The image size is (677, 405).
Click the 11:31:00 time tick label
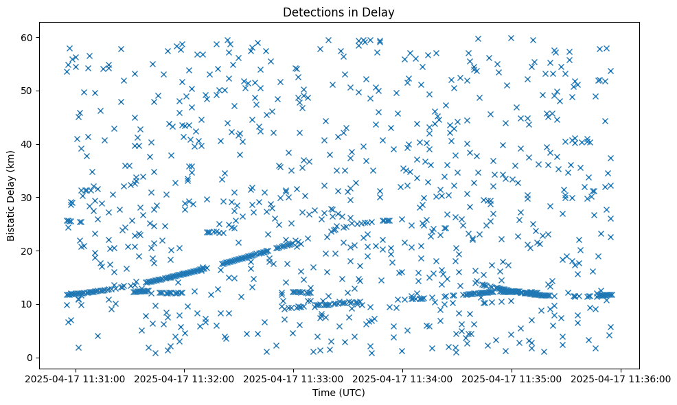pyautogui.click(x=76, y=379)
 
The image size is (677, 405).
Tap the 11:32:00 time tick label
pyautogui.click(x=185, y=379)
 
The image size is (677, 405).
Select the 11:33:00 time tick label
pyautogui.click(x=294, y=379)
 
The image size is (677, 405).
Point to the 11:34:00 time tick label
pyautogui.click(x=403, y=379)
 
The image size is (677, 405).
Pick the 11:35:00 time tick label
pyautogui.click(x=512, y=379)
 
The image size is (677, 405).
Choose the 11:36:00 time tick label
pyautogui.click(x=621, y=379)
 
